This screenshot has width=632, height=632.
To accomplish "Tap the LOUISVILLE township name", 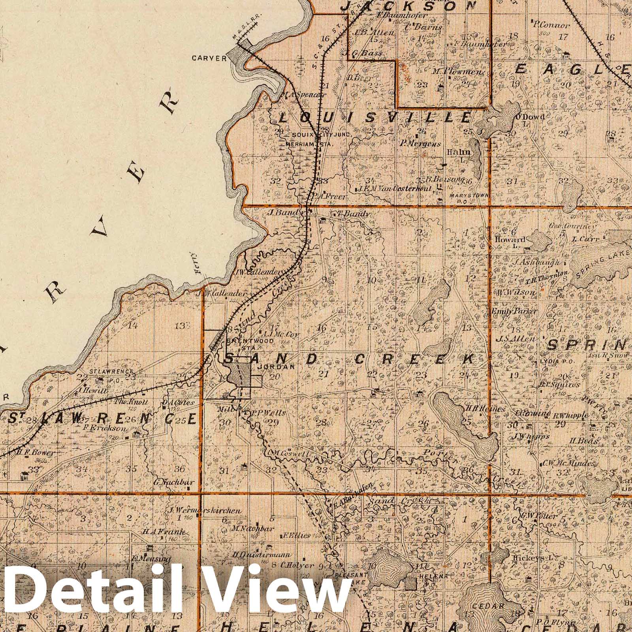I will (x=375, y=117).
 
